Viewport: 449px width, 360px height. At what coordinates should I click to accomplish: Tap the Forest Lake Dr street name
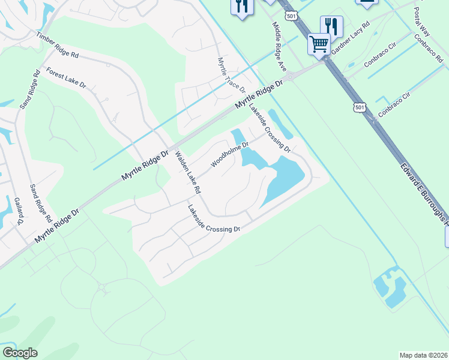pyautogui.click(x=66, y=77)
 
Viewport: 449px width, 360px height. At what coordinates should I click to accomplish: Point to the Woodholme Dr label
pyautogui.click(x=229, y=154)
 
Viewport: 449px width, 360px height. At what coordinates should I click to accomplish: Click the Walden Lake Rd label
pyautogui.click(x=187, y=172)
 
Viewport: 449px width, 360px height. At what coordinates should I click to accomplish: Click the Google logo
pyautogui.click(x=20, y=353)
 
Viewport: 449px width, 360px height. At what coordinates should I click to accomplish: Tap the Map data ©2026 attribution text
pyautogui.click(x=423, y=355)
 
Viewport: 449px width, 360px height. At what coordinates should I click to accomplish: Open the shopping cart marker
pyautogui.click(x=319, y=43)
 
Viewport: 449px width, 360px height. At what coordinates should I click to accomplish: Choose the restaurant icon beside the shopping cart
pyautogui.click(x=331, y=25)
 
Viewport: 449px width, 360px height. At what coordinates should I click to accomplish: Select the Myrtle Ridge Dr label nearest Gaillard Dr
pyautogui.click(x=57, y=226)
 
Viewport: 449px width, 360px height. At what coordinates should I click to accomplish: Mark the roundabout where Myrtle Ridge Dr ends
pyautogui.click(x=290, y=76)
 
